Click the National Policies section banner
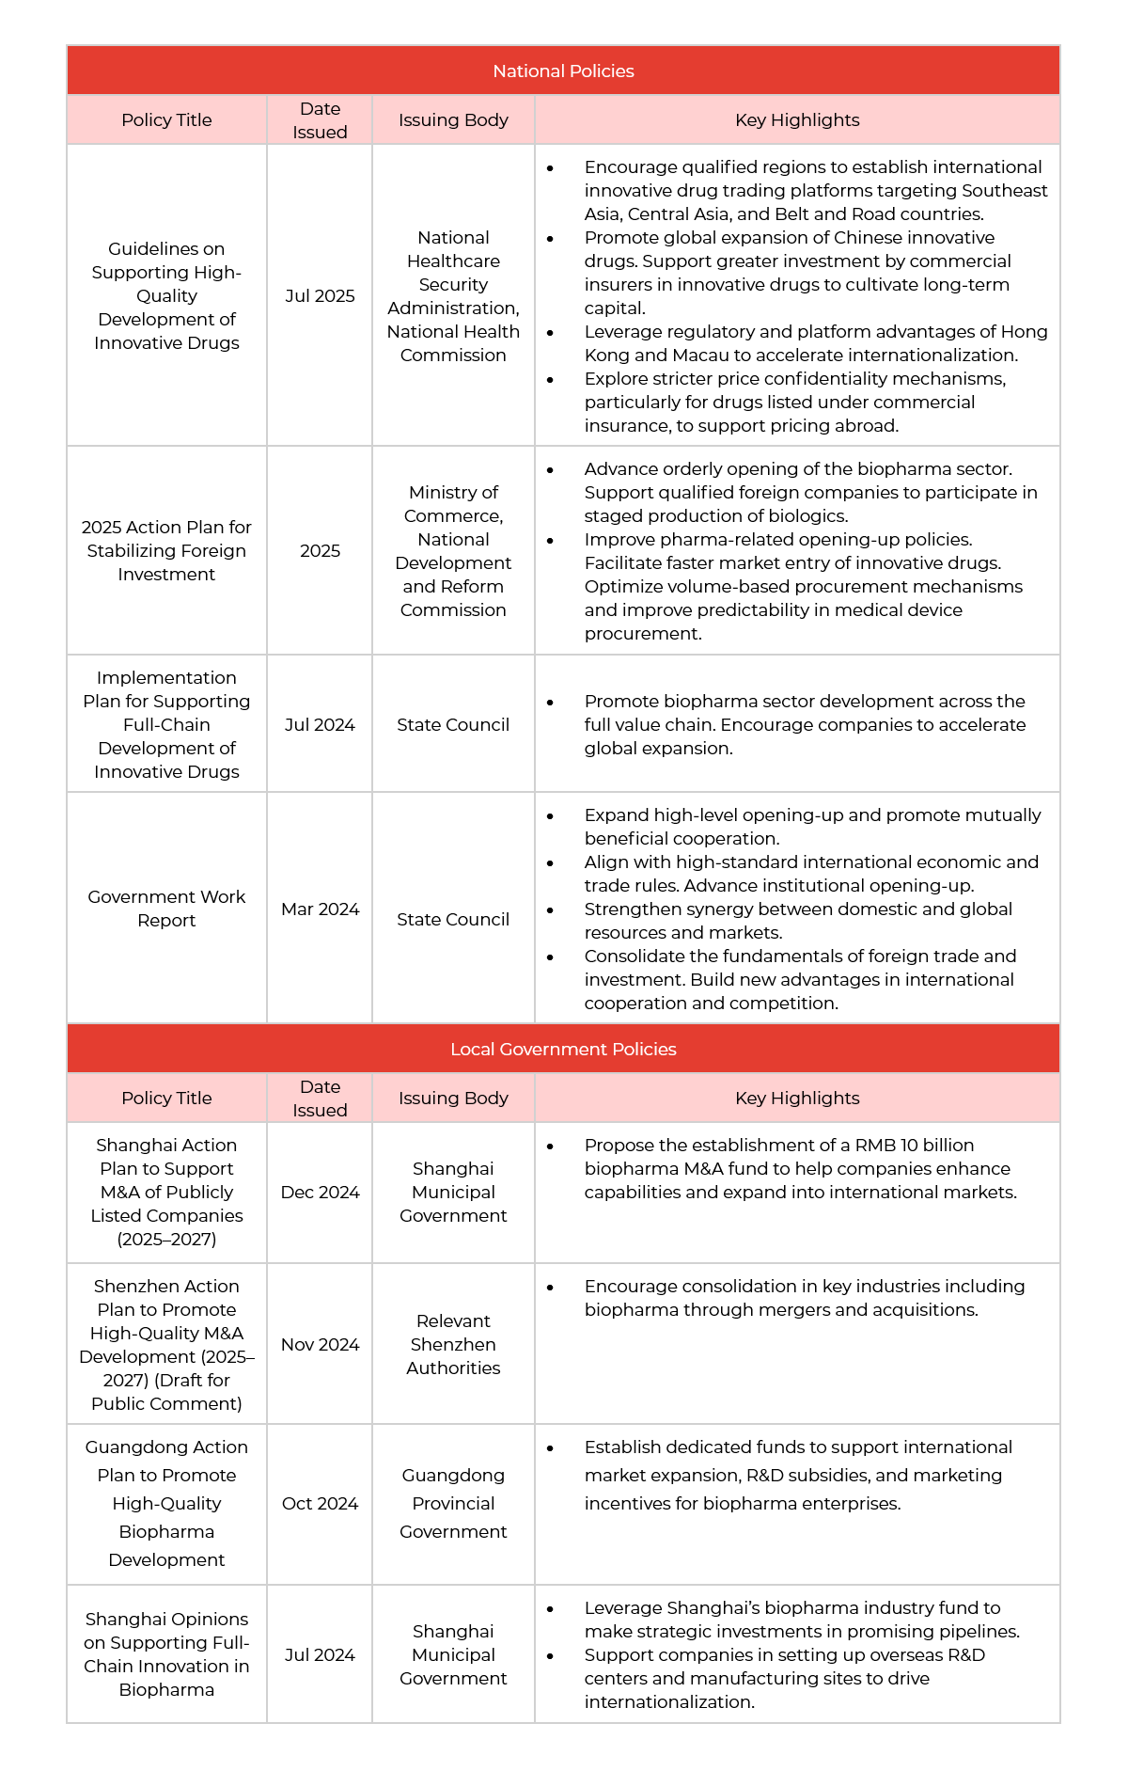click(563, 71)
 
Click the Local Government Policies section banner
click(563, 1049)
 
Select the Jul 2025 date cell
click(320, 295)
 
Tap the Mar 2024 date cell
click(320, 909)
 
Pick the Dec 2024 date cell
click(320, 1192)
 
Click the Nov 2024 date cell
click(320, 1344)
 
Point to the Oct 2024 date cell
click(320, 1503)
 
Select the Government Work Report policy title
click(166, 908)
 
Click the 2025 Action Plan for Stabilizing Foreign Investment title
click(166, 550)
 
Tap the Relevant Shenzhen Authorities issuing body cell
click(453, 1344)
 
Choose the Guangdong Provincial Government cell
click(453, 1503)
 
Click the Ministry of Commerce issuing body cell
click(453, 550)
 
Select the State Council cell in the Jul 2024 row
click(453, 724)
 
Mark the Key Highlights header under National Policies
click(797, 119)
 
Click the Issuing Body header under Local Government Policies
click(453, 1098)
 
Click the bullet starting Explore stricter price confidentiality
click(794, 402)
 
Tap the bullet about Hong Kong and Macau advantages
click(814, 343)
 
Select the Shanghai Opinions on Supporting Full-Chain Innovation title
click(166, 1653)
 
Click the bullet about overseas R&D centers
click(784, 1678)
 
